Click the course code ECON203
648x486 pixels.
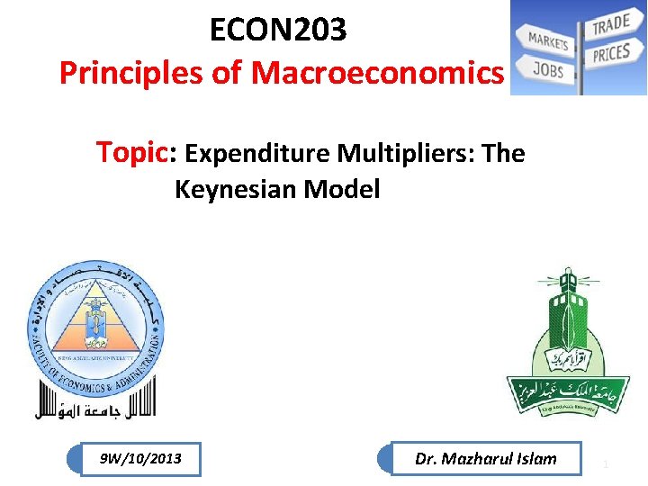pyautogui.click(x=277, y=31)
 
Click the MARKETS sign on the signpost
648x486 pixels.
pyautogui.click(x=547, y=40)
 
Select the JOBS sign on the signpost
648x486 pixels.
pyautogui.click(x=547, y=68)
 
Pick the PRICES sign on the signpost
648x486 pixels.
pyautogui.click(x=611, y=53)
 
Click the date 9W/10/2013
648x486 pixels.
pyautogui.click(x=140, y=459)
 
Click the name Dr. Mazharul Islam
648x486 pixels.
pyautogui.click(x=486, y=459)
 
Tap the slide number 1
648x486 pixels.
pyautogui.click(x=607, y=463)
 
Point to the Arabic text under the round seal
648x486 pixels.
pyautogui.click(x=94, y=409)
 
